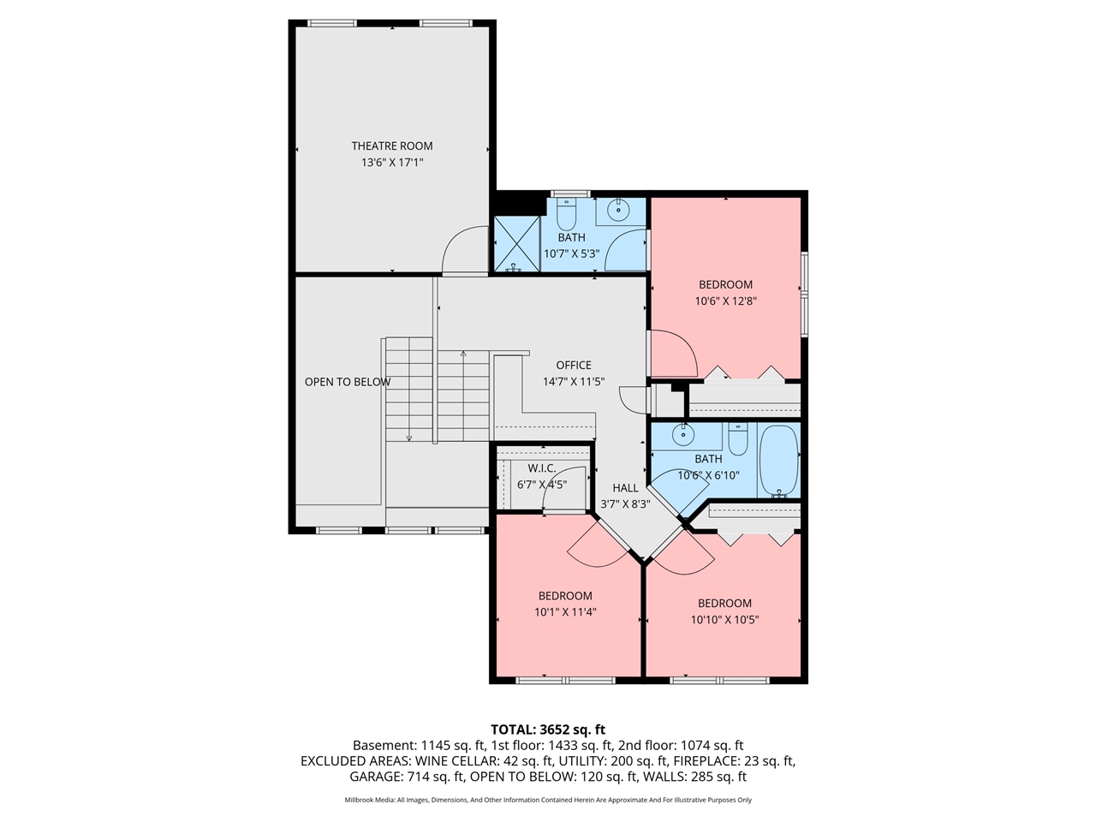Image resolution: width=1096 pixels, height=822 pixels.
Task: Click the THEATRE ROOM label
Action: click(392, 146)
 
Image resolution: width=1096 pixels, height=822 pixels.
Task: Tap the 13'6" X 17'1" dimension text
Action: click(392, 163)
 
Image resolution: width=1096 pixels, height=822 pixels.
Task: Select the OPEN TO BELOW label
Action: click(347, 382)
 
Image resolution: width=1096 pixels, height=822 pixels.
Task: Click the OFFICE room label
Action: click(574, 366)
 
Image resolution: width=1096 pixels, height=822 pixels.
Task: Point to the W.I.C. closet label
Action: click(541, 468)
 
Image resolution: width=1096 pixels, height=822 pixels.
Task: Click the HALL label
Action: click(625, 488)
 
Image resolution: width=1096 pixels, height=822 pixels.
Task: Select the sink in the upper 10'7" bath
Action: click(618, 208)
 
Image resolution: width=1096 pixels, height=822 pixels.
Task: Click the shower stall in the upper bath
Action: click(517, 244)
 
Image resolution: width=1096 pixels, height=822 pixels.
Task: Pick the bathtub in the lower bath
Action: click(779, 461)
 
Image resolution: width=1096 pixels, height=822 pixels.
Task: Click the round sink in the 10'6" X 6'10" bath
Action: click(682, 434)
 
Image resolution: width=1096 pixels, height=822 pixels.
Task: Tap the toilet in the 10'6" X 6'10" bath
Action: click(738, 440)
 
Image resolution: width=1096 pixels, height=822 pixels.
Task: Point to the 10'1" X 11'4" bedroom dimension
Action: click(565, 612)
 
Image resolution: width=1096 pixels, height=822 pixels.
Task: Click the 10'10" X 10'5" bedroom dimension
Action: click(724, 619)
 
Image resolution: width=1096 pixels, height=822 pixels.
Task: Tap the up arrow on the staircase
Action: click(463, 353)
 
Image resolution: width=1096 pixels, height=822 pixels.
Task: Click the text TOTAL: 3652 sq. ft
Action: click(548, 730)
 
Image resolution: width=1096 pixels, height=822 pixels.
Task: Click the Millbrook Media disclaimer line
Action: click(548, 800)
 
